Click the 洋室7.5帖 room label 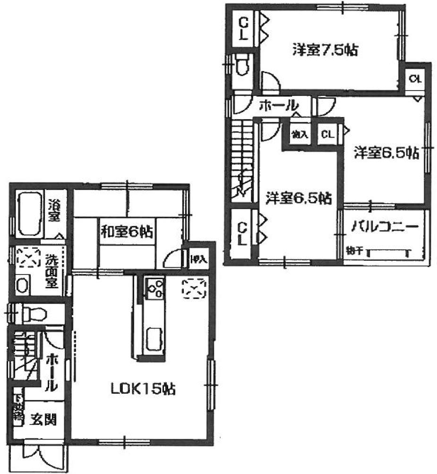pos(324,50)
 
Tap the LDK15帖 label pos(143,389)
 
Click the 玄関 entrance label pos(44,418)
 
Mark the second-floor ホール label pos(278,105)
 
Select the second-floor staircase pos(243,160)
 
